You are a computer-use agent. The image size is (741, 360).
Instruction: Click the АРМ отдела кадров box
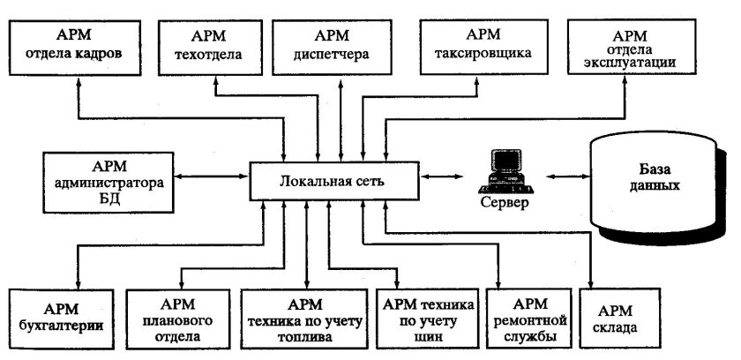click(79, 44)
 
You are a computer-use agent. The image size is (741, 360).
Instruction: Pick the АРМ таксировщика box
click(483, 44)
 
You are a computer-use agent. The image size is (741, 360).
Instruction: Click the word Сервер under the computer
click(505, 203)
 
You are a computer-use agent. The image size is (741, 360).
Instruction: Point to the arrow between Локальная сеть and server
click(441, 177)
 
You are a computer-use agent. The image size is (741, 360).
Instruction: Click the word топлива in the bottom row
click(301, 337)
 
